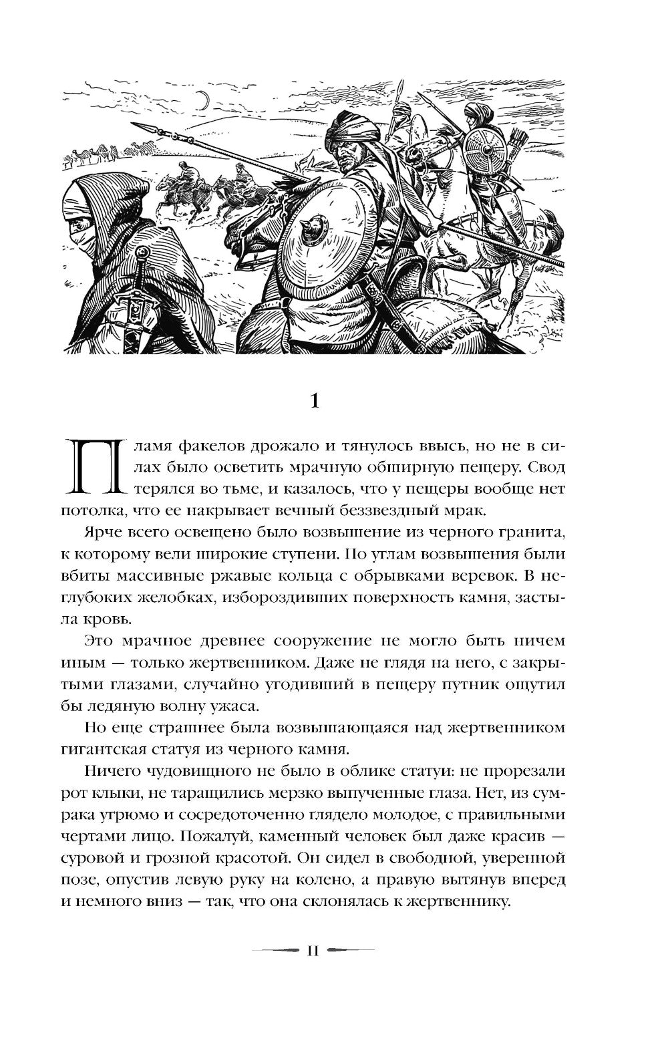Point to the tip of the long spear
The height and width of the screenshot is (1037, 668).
point(136,126)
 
